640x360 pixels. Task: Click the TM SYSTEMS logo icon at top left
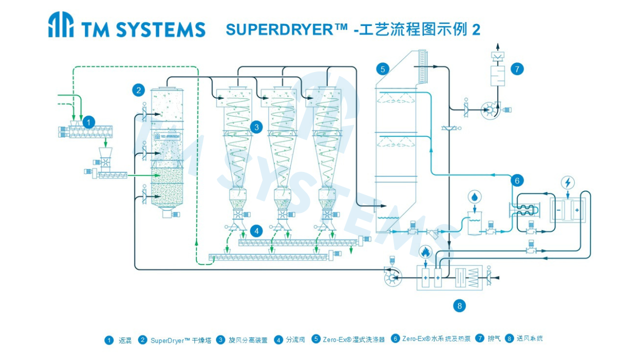[61, 25]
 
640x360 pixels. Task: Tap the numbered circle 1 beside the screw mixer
[88, 121]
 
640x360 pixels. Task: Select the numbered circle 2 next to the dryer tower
[138, 90]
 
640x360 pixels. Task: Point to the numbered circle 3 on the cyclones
[256, 127]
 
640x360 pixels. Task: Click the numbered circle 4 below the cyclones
[256, 230]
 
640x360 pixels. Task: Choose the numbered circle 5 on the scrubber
[383, 69]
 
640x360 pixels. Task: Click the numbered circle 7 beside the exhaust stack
[517, 69]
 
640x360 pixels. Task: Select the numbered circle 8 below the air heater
[459, 305]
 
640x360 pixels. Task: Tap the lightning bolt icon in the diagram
[568, 182]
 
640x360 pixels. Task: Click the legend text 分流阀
[295, 340]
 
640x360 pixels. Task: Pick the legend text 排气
[494, 338]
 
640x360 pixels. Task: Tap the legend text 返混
[125, 340]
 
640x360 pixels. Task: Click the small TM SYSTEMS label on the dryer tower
[167, 136]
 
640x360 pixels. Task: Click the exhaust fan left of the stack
[489, 110]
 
